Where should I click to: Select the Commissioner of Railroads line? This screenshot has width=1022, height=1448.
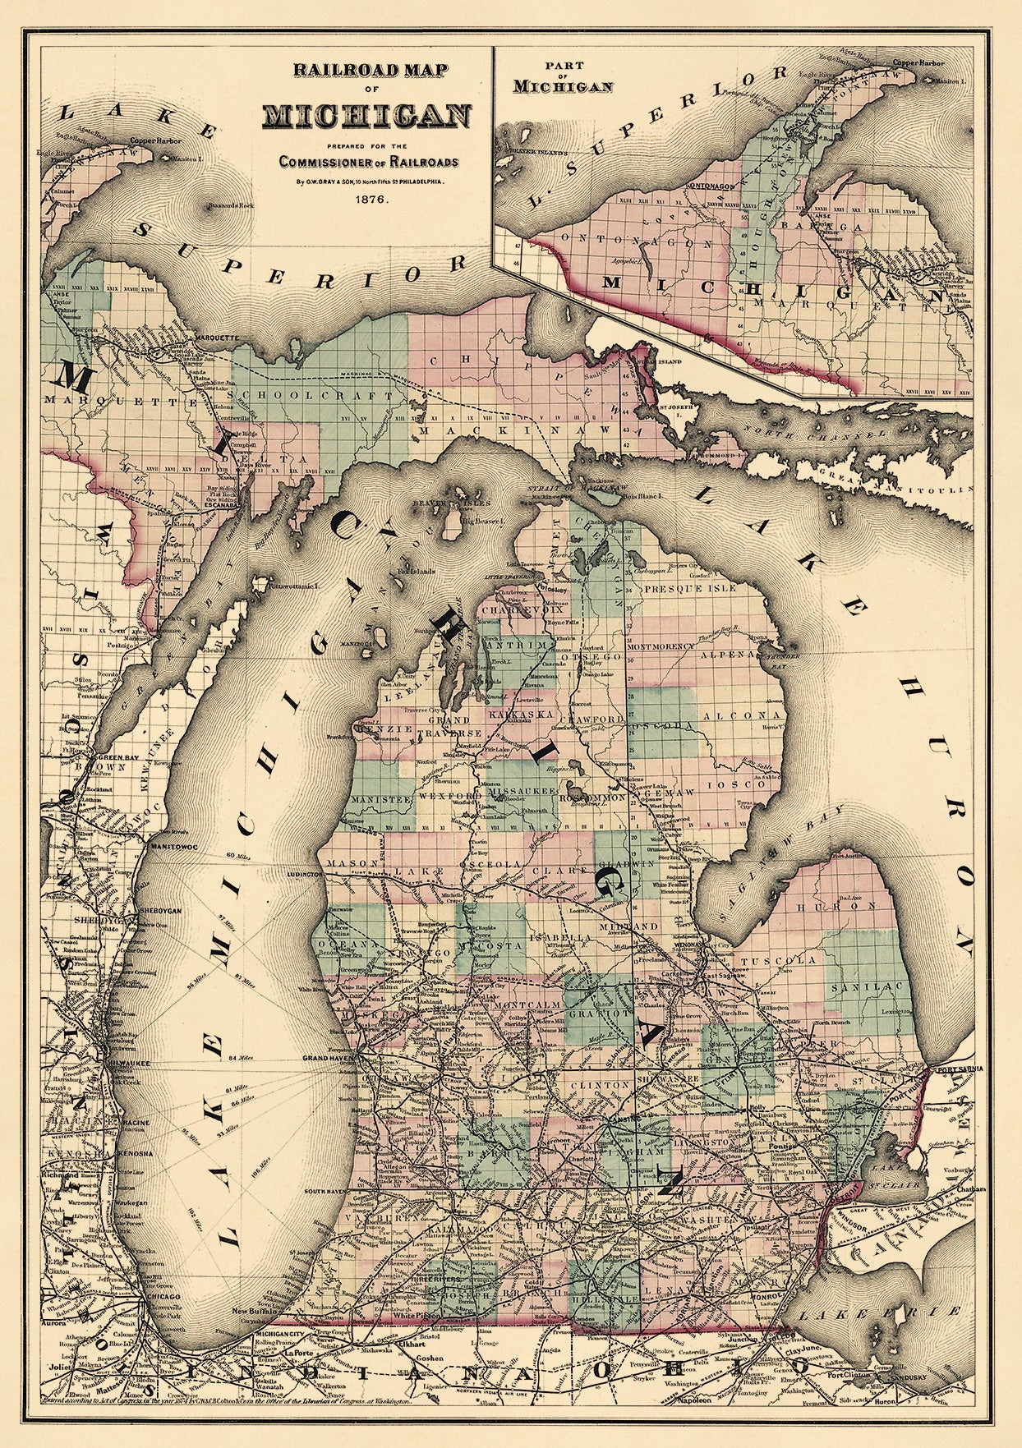click(367, 161)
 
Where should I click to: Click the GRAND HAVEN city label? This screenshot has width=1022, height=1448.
click(329, 1058)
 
